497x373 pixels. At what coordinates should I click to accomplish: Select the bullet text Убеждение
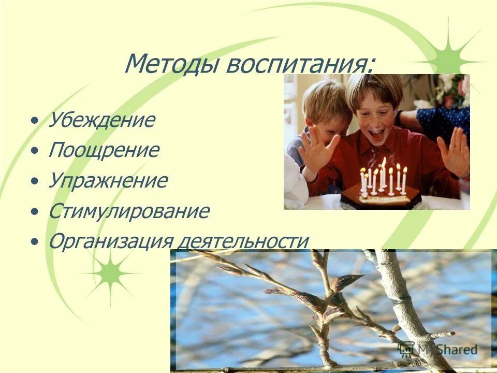[x=101, y=120]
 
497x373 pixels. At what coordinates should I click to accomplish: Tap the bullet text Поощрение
[x=104, y=151]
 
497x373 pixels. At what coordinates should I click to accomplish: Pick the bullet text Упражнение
[x=108, y=181]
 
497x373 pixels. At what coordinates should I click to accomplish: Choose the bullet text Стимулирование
[x=129, y=211]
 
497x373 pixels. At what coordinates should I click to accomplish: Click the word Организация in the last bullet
[x=111, y=241]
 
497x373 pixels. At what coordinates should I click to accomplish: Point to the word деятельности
[x=243, y=241]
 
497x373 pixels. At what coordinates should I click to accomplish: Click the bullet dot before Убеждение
[x=34, y=121]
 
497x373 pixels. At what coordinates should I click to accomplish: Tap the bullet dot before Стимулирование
[x=34, y=212]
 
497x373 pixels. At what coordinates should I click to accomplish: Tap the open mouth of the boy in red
[x=376, y=135]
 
